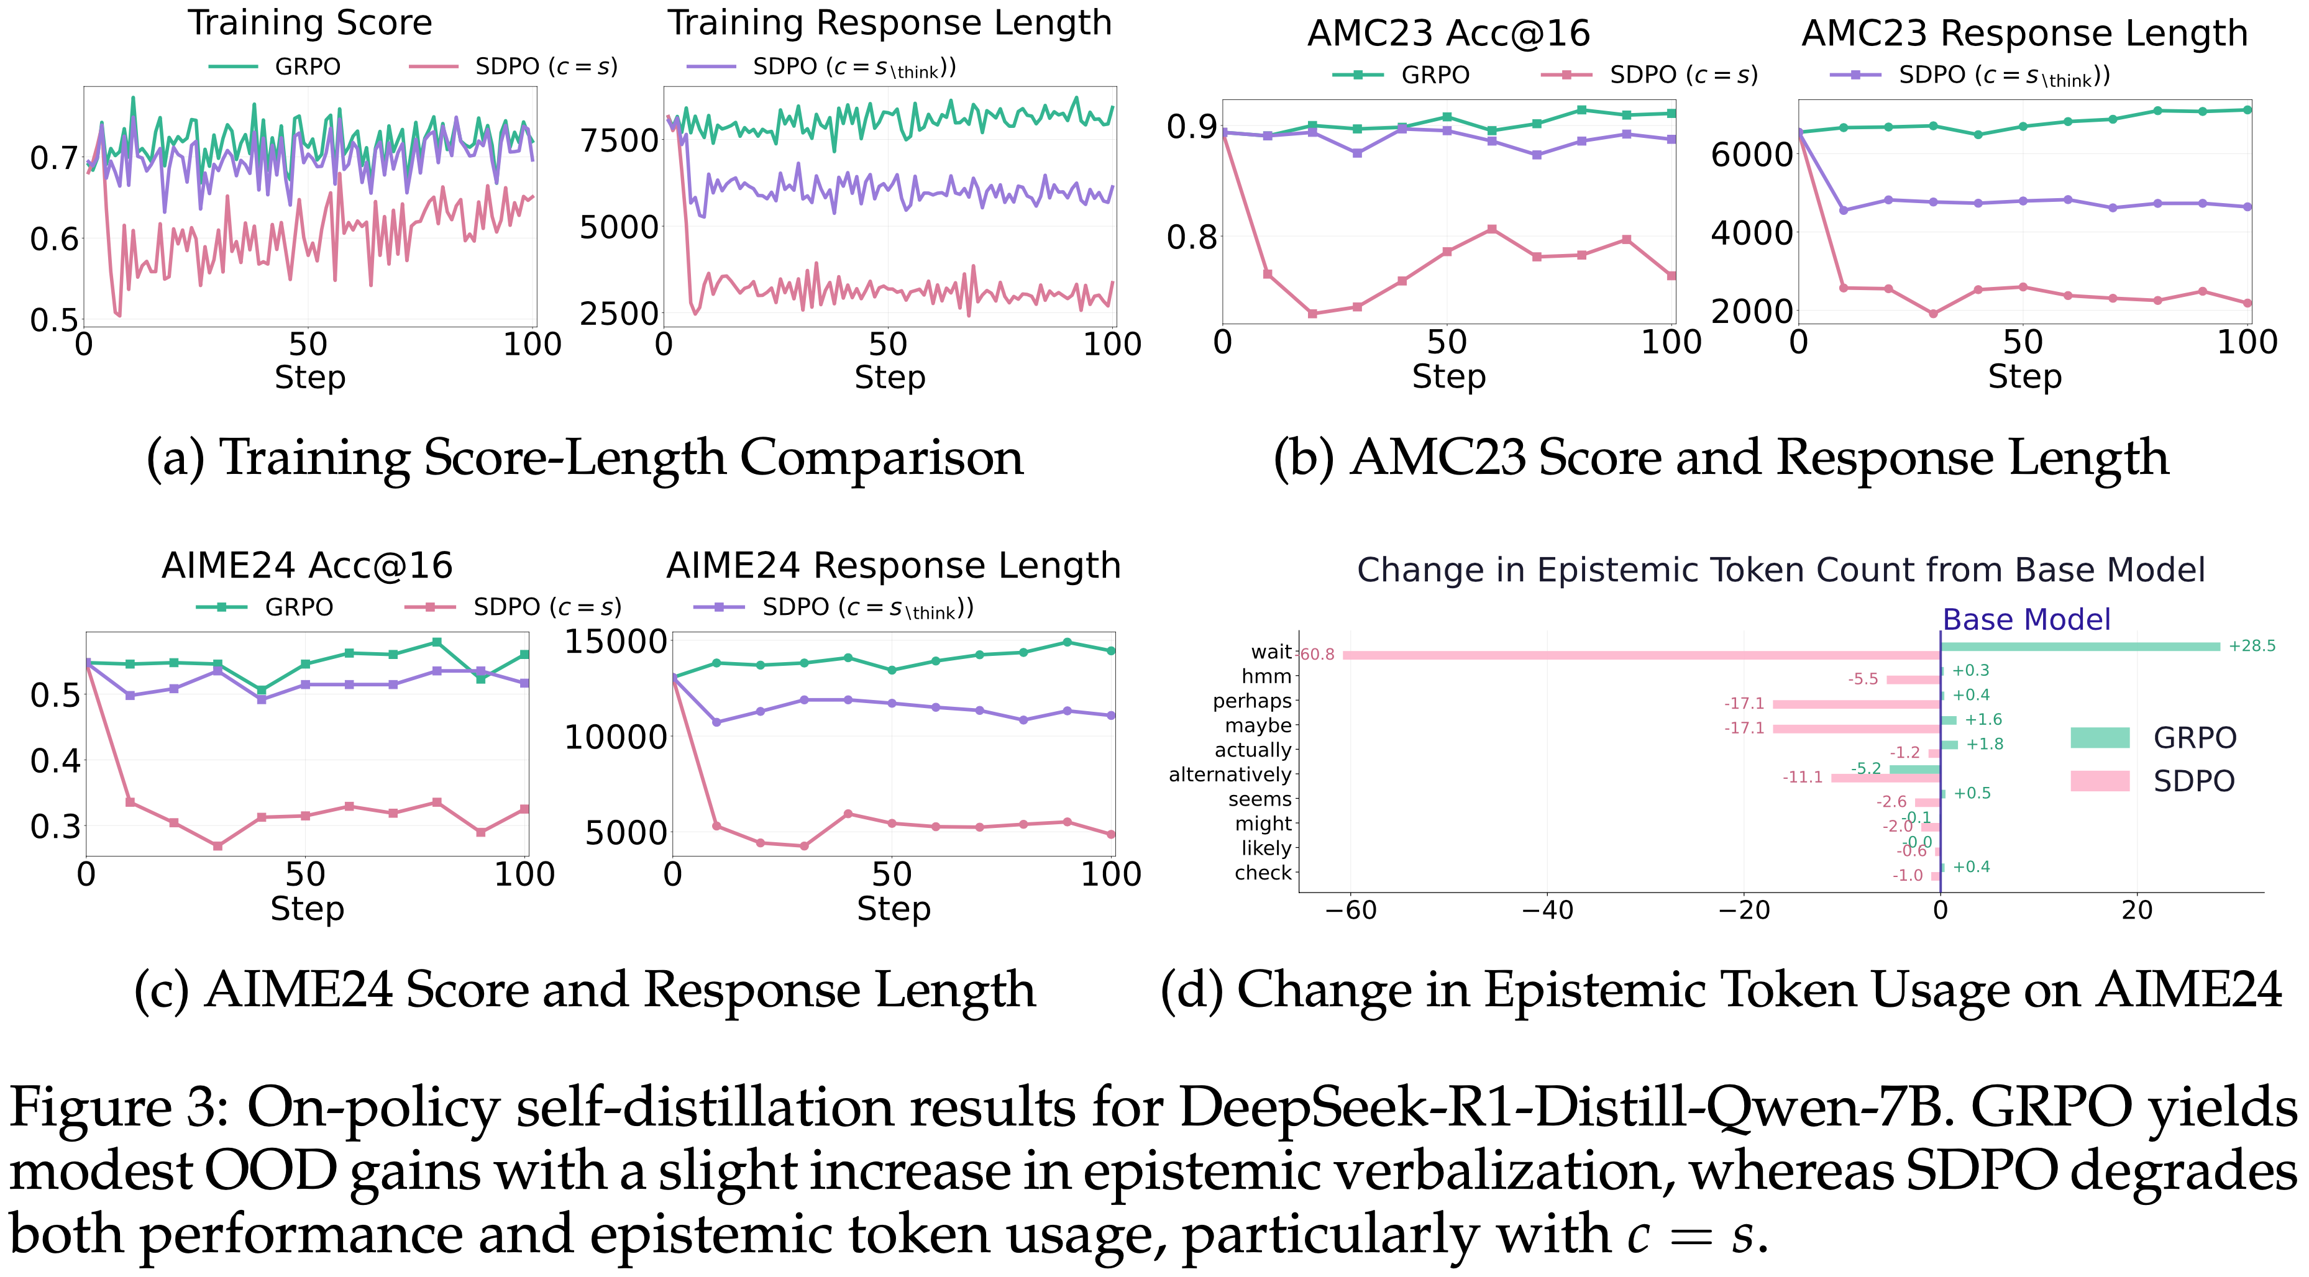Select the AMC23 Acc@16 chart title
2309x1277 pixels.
coord(1448,34)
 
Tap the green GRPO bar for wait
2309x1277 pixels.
coord(2080,646)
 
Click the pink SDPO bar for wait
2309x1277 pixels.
coord(1640,655)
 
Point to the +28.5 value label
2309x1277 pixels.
coord(2252,646)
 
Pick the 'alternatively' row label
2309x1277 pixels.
coord(1230,775)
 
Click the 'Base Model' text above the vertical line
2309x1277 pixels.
coord(2026,619)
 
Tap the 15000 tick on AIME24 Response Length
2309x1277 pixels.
coord(616,642)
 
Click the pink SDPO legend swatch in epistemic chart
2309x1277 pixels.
coord(2099,781)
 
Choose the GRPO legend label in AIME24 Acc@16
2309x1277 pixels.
coord(298,607)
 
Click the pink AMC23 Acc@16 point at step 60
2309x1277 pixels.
coord(1491,229)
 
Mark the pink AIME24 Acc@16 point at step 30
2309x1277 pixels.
coord(218,846)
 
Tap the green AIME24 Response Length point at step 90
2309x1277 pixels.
coord(1067,642)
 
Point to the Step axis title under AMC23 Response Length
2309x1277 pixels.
coord(2024,376)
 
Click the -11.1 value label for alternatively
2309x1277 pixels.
coord(1803,777)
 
